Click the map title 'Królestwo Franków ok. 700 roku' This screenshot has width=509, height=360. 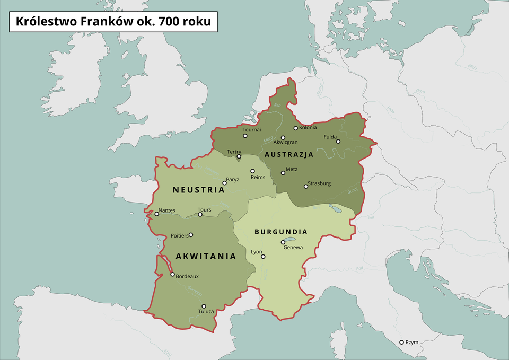(113, 22)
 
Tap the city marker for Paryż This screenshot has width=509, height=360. (224, 183)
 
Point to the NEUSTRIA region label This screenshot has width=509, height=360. (199, 189)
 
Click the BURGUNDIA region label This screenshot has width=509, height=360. (281, 232)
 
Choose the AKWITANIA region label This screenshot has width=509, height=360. (206, 256)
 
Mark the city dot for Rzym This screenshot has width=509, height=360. (401, 343)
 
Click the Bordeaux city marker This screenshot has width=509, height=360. (172, 275)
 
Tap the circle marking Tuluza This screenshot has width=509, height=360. (204, 306)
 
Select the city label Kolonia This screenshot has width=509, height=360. (308, 127)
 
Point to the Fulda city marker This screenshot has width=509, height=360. (338, 141)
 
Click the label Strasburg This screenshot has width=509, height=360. (319, 183)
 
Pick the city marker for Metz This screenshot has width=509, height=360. (283, 173)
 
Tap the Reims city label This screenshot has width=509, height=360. (258, 177)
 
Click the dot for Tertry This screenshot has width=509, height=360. (239, 156)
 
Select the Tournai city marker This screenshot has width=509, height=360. (245, 136)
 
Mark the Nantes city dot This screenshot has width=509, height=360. (156, 214)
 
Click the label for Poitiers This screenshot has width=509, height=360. (179, 235)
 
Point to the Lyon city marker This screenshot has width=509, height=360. (263, 257)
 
